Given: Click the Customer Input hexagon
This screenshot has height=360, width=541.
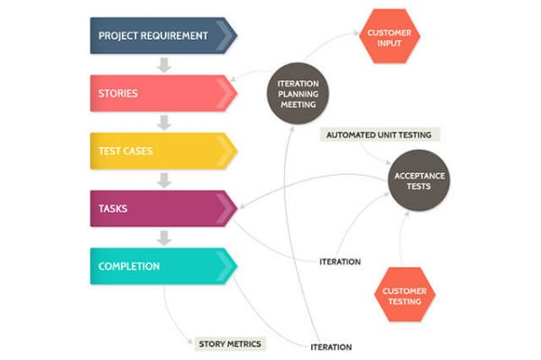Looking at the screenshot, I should (x=390, y=38).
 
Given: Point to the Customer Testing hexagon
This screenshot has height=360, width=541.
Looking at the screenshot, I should (x=404, y=296).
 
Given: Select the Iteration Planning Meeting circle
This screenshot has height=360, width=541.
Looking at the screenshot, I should (x=298, y=92).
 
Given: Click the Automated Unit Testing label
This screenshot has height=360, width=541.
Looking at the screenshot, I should (x=380, y=134).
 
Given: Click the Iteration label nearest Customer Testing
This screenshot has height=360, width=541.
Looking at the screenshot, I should (x=340, y=262).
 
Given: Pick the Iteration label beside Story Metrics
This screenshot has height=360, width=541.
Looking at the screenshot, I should (x=330, y=346).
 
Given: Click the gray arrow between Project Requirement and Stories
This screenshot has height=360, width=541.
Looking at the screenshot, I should (x=163, y=64).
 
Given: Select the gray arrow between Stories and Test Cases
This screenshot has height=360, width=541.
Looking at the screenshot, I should (x=163, y=122).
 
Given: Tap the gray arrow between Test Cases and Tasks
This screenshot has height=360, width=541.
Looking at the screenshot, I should (x=163, y=180).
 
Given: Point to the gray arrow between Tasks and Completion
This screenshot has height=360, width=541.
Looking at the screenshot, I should (x=163, y=237).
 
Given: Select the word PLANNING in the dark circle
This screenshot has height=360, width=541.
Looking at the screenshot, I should (x=298, y=92).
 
